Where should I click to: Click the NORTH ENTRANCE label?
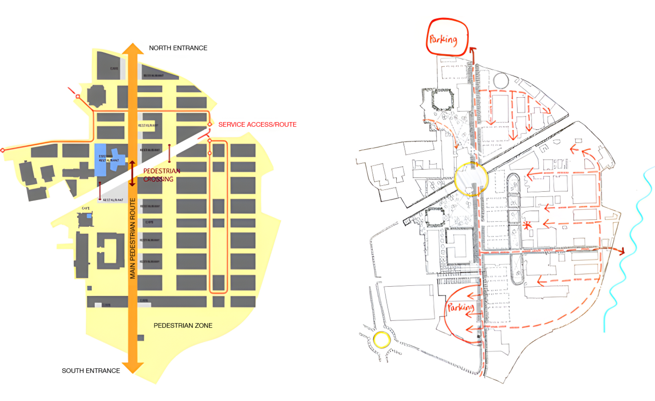coord(178,48)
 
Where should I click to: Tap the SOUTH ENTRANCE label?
coord(91,371)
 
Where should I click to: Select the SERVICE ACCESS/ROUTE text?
coord(257,125)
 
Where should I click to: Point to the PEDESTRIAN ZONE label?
coord(183,325)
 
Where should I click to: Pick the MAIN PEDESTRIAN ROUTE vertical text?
coord(133,238)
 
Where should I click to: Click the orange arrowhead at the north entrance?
coord(133,49)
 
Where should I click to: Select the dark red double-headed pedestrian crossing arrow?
coord(132,173)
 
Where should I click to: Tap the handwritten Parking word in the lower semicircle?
coord(460,307)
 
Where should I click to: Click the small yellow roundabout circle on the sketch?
coord(382,340)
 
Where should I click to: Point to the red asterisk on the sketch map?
coord(527,225)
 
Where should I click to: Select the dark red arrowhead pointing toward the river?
coord(621,251)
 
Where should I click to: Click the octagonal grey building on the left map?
coord(97,96)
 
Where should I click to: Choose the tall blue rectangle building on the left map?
coord(100,160)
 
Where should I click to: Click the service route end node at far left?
coord(3,150)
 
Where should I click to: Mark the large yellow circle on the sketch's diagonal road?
coord(471,179)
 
